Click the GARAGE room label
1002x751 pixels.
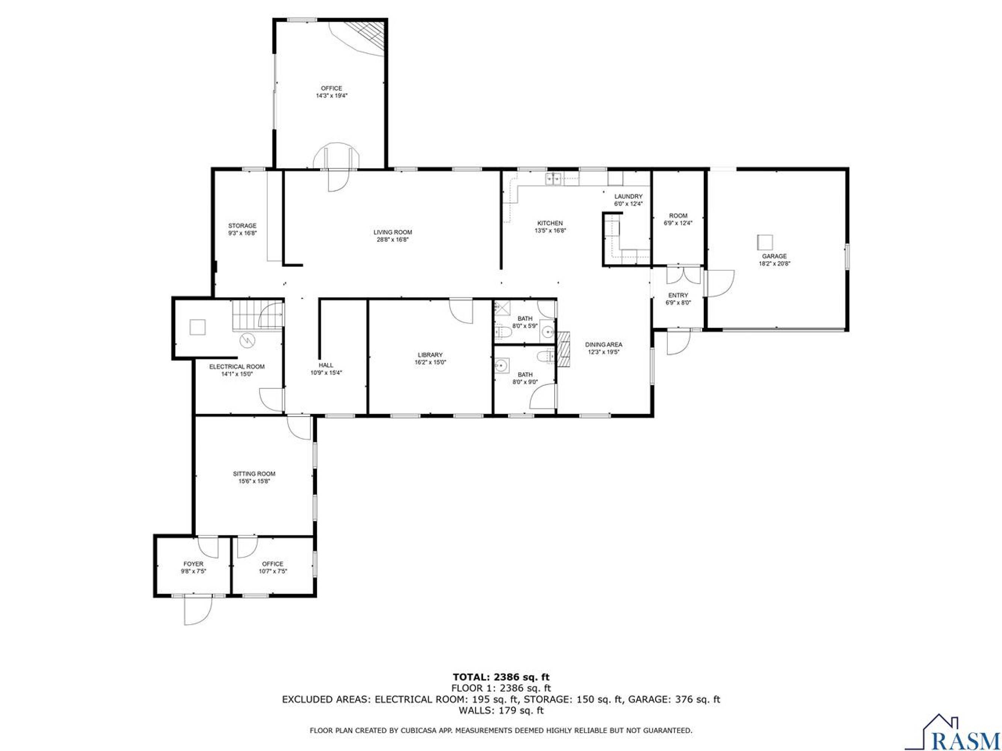[x=775, y=256]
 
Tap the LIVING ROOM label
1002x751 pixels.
[x=393, y=232]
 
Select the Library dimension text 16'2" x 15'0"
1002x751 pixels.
[x=430, y=362]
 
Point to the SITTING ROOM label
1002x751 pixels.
[x=254, y=474]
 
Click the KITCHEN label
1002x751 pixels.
[x=550, y=223]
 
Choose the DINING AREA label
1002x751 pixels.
[x=603, y=344]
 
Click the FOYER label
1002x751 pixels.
[x=193, y=564]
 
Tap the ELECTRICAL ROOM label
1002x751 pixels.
[x=237, y=366]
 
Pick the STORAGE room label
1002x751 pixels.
[x=242, y=225]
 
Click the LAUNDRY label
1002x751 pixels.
[x=628, y=196]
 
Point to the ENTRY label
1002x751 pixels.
[x=678, y=296]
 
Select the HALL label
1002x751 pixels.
[x=326, y=365]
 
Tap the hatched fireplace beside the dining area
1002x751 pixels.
[x=563, y=349]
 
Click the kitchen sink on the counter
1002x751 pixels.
[x=554, y=179]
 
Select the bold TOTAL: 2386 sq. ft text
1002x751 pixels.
[x=501, y=690]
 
